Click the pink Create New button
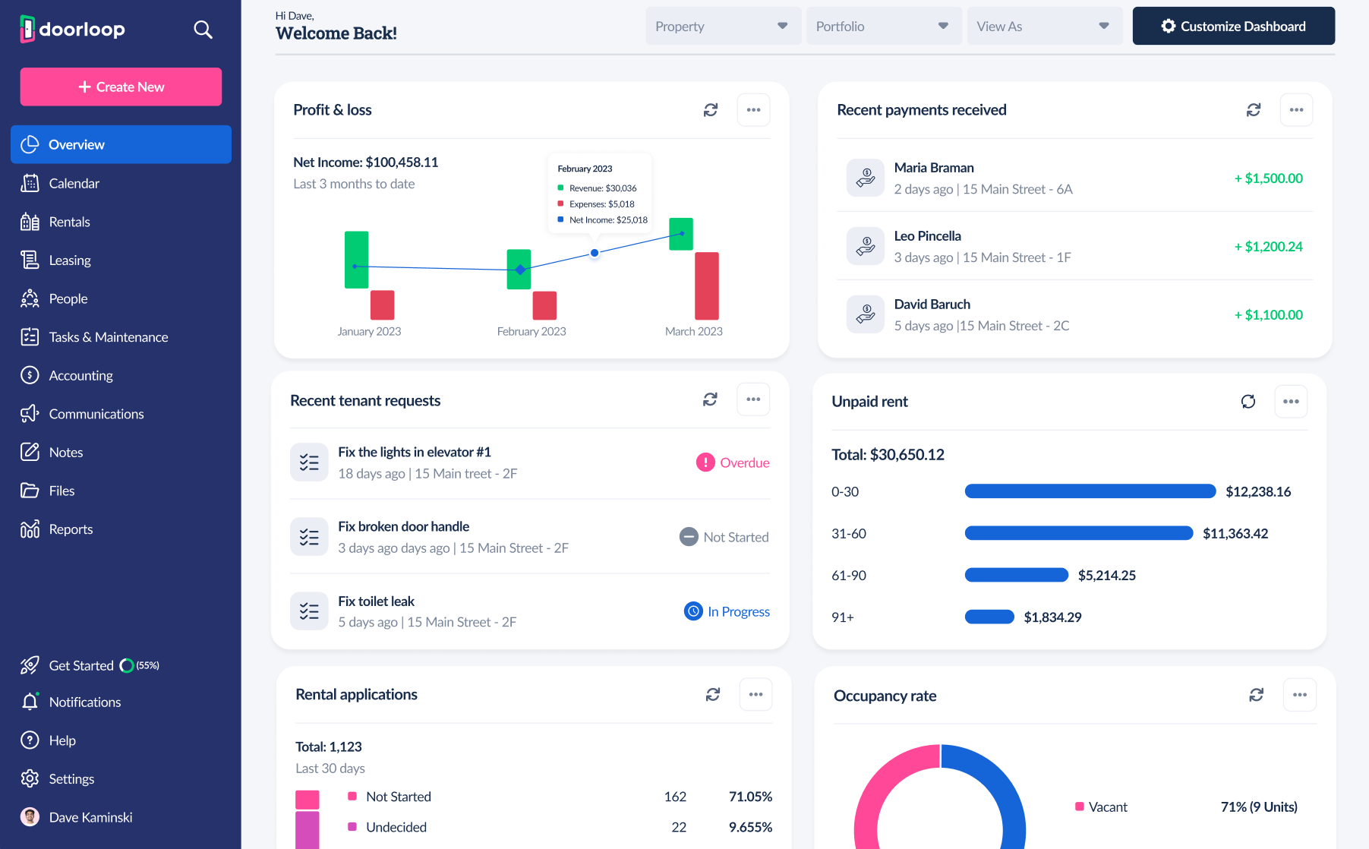point(121,87)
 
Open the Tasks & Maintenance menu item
point(108,337)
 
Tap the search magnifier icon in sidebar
point(203,30)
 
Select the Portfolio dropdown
point(883,27)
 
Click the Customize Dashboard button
point(1233,27)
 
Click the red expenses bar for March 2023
point(706,286)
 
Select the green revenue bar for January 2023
point(356,260)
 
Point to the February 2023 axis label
point(532,332)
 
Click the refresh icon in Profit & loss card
point(711,110)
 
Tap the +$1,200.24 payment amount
point(1268,247)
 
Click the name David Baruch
point(932,305)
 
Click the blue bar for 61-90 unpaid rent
point(1016,575)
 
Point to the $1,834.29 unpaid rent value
point(1052,617)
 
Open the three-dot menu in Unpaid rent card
point(1291,402)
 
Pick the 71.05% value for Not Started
point(750,797)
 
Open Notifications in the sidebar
point(84,702)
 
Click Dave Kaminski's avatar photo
point(30,817)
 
